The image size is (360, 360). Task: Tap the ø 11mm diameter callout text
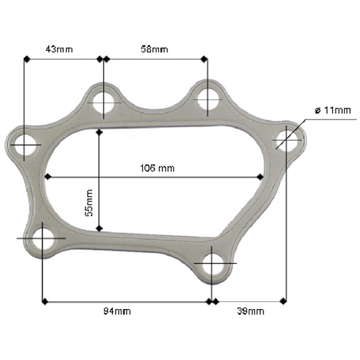point(333,110)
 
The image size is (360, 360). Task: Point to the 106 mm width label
point(157,168)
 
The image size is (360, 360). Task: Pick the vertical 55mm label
point(90,202)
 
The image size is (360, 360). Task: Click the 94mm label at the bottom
point(118,311)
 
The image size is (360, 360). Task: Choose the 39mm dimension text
point(251,311)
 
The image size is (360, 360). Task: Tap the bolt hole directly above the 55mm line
point(104,102)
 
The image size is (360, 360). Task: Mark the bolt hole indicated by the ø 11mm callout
point(287,139)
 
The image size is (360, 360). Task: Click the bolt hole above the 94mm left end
point(43,238)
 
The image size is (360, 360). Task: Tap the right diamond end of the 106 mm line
point(260,176)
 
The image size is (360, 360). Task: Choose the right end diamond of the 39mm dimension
point(287,300)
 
